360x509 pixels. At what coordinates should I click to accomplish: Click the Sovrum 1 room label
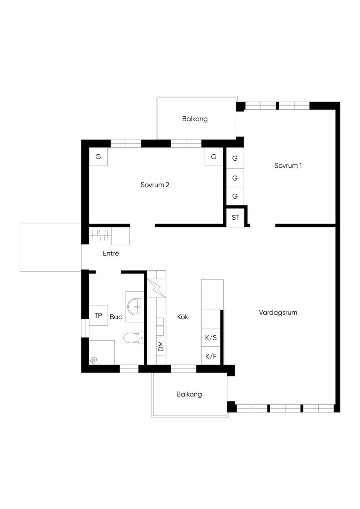(x=288, y=166)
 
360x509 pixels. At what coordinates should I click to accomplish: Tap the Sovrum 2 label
(x=155, y=185)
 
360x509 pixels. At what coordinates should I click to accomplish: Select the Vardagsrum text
(x=278, y=313)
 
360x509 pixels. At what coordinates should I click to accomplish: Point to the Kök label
(x=183, y=317)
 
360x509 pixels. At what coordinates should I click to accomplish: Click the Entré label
(x=111, y=253)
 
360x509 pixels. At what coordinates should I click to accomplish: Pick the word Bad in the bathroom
(x=116, y=317)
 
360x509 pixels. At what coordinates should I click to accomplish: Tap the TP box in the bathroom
(x=98, y=315)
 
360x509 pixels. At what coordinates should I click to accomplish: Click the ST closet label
(x=235, y=218)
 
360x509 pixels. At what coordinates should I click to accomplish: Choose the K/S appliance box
(x=211, y=337)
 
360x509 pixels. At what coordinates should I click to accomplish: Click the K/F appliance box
(x=211, y=356)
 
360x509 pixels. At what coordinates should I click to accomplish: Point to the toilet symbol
(x=133, y=338)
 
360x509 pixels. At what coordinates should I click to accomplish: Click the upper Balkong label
(x=195, y=119)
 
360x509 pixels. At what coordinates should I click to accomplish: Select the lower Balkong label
(x=189, y=394)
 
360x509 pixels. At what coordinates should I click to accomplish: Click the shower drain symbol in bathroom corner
(x=94, y=360)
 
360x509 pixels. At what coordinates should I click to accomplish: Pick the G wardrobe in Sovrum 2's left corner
(x=98, y=156)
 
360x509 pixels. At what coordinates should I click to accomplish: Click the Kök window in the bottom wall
(x=184, y=369)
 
